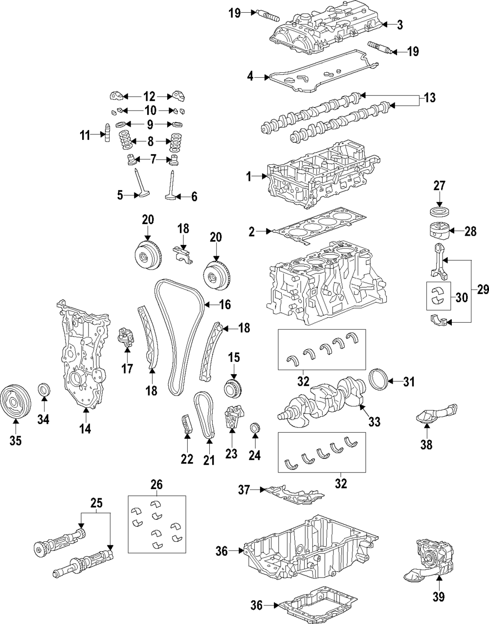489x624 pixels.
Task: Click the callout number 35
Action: click(16, 441)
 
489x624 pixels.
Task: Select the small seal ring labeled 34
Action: click(44, 391)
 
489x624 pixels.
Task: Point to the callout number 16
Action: click(224, 305)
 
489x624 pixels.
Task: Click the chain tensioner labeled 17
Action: click(126, 337)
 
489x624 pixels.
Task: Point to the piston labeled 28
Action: click(439, 231)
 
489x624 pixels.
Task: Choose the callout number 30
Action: click(462, 297)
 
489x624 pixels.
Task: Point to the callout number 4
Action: click(250, 76)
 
